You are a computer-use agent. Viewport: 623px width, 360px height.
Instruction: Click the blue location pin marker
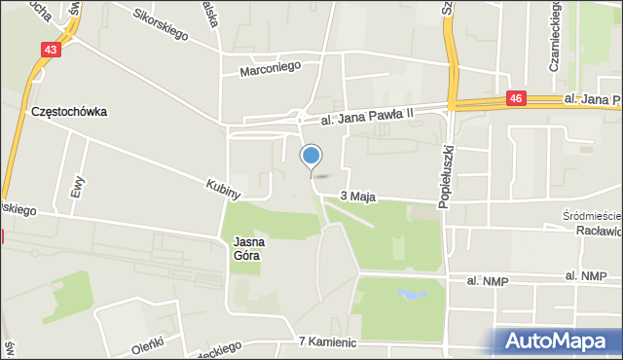coord(311,156)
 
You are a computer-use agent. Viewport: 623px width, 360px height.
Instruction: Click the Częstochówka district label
coord(68,112)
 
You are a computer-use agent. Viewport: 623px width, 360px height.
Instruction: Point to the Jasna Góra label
coord(248,249)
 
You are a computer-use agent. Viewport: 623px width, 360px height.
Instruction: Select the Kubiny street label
coord(223,188)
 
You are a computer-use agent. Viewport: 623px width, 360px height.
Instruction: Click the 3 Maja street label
coord(357,197)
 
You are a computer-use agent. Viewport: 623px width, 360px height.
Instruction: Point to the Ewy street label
coord(77,186)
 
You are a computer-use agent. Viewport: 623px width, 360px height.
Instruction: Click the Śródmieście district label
coord(593,215)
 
